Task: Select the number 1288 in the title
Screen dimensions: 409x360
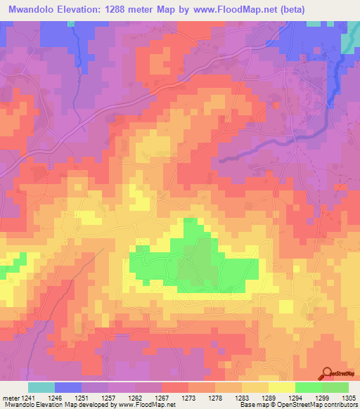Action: coord(126,10)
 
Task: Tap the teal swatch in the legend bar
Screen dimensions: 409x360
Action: coord(41,387)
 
